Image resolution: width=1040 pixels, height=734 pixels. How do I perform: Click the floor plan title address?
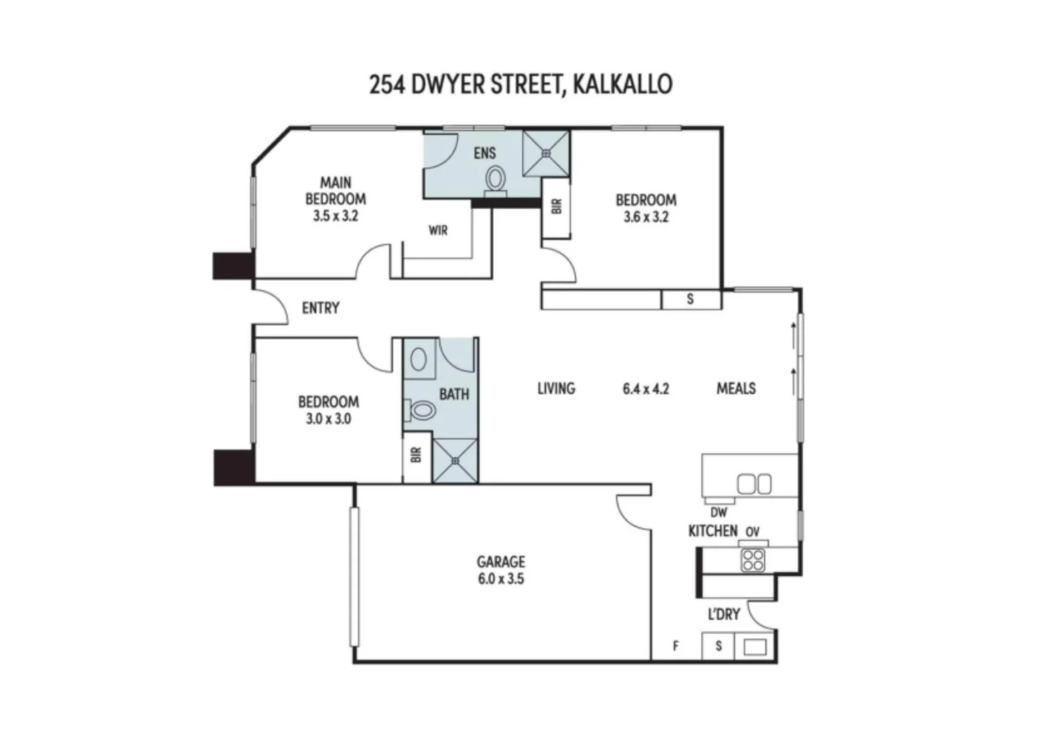pyautogui.click(x=520, y=85)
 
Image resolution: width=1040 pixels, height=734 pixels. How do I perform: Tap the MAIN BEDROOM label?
pyautogui.click(x=335, y=191)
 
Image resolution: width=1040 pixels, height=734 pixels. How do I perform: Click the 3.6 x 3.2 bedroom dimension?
pyautogui.click(x=645, y=217)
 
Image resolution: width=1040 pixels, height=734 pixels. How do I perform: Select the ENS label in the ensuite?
pyautogui.click(x=485, y=153)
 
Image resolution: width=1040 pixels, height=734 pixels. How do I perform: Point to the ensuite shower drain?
pyautogui.click(x=546, y=153)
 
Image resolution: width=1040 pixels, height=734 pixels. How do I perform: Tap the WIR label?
pyautogui.click(x=438, y=230)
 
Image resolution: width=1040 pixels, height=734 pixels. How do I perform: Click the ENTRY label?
pyautogui.click(x=320, y=308)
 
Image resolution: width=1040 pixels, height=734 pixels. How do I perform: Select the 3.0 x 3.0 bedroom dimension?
pyautogui.click(x=329, y=419)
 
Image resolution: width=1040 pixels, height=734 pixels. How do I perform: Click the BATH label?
pyautogui.click(x=454, y=394)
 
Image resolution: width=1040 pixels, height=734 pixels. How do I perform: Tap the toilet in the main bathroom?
pyautogui.click(x=420, y=410)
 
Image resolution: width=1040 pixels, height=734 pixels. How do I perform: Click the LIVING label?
pyautogui.click(x=556, y=388)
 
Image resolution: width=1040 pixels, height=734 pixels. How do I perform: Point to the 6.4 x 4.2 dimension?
pyautogui.click(x=645, y=389)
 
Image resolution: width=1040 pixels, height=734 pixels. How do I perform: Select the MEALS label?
pyautogui.click(x=736, y=388)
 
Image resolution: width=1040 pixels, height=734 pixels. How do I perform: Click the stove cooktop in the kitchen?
pyautogui.click(x=752, y=560)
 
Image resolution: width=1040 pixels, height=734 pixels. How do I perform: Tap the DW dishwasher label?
pyautogui.click(x=719, y=512)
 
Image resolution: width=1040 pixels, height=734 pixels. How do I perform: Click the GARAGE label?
pyautogui.click(x=501, y=562)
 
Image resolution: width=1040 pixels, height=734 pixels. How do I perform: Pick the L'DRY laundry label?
pyautogui.click(x=724, y=614)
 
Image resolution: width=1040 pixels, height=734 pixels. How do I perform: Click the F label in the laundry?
pyautogui.click(x=675, y=646)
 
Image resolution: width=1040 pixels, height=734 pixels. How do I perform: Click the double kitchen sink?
pyautogui.click(x=754, y=484)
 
